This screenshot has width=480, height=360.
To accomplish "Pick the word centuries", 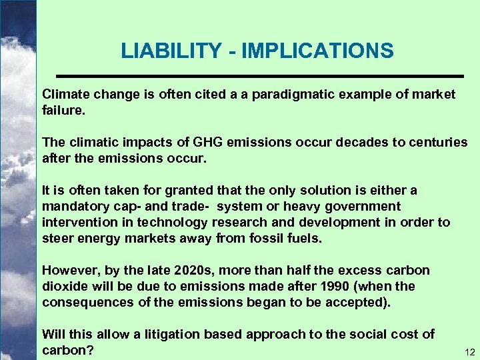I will [x=437, y=142].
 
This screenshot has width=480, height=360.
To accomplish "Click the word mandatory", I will [x=74, y=206].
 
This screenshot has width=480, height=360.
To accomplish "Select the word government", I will [x=363, y=206].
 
